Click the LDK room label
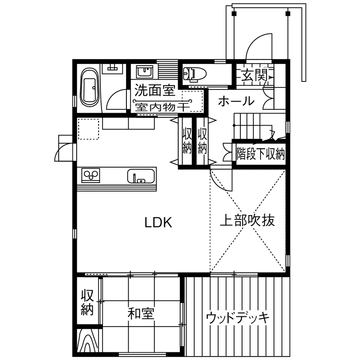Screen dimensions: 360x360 coord(158,222)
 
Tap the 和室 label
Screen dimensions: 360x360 coord(141,314)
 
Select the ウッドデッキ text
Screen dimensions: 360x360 coord(237,318)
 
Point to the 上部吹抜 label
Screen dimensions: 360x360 coord(247,221)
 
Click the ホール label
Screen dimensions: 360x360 coord(235,102)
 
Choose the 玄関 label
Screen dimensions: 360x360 coord(254,76)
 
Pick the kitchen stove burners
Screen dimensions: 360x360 coord(91,175)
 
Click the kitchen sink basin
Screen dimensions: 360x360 coord(141,176)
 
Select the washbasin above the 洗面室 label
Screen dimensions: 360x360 coord(144,71)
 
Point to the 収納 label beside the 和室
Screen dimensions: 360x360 coord(87,303)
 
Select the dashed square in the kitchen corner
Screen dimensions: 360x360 coord(88,129)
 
